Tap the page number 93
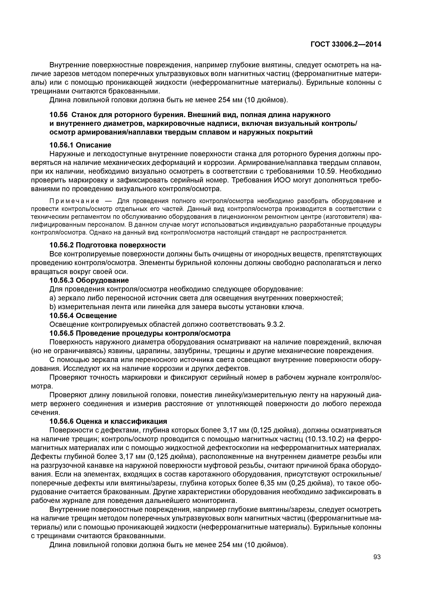click(377, 557)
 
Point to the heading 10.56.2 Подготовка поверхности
click(108, 245)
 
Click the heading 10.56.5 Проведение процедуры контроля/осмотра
click(140, 333)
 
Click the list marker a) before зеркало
click(53, 298)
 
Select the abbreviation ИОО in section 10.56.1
click(283, 180)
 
